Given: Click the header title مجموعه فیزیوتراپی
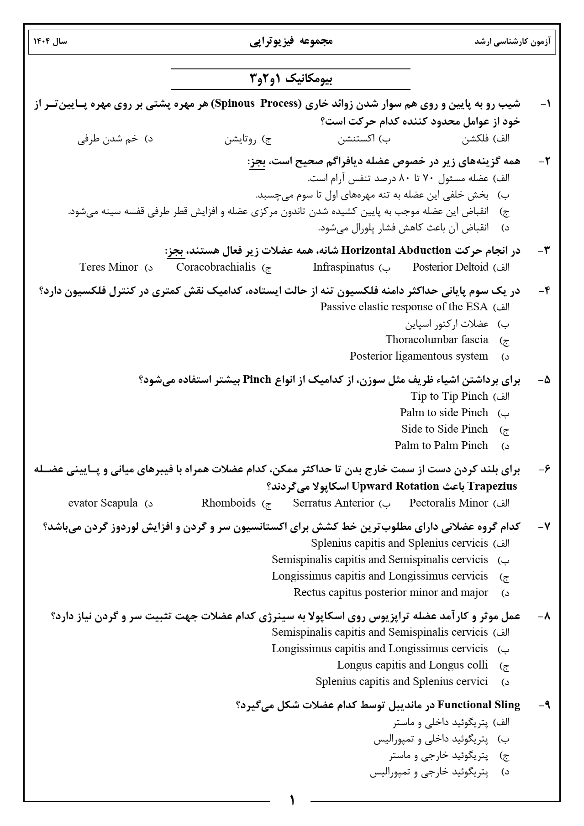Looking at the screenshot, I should (291, 41).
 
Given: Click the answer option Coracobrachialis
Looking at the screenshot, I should (216, 267).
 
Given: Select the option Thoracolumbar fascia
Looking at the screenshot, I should (437, 340).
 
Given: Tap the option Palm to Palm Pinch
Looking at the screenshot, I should (441, 445).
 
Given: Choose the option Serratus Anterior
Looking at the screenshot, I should (333, 503).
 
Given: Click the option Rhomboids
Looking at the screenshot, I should (228, 503).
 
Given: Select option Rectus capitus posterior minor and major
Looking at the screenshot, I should (391, 592).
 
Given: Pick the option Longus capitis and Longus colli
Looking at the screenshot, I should (412, 665).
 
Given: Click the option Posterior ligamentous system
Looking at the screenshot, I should (419, 356).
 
